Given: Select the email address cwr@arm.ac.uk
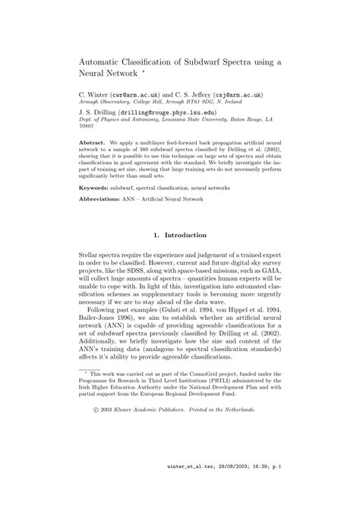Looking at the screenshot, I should pyautogui.click(x=144, y=95).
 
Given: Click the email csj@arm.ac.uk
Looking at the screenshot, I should pyautogui.click(x=236, y=95).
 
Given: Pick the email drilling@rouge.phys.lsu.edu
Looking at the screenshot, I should pyautogui.click(x=159, y=112).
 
